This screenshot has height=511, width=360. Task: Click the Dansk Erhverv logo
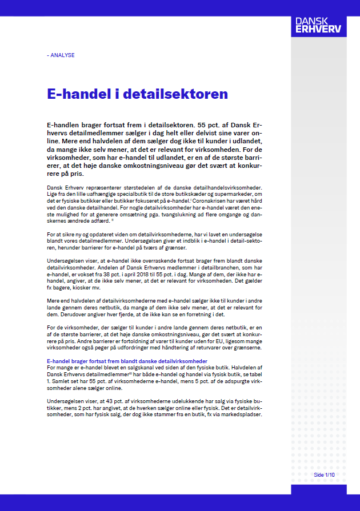pos(318,25)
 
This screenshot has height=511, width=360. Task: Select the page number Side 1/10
pos(324,474)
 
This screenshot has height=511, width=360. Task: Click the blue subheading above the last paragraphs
pos(127,361)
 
